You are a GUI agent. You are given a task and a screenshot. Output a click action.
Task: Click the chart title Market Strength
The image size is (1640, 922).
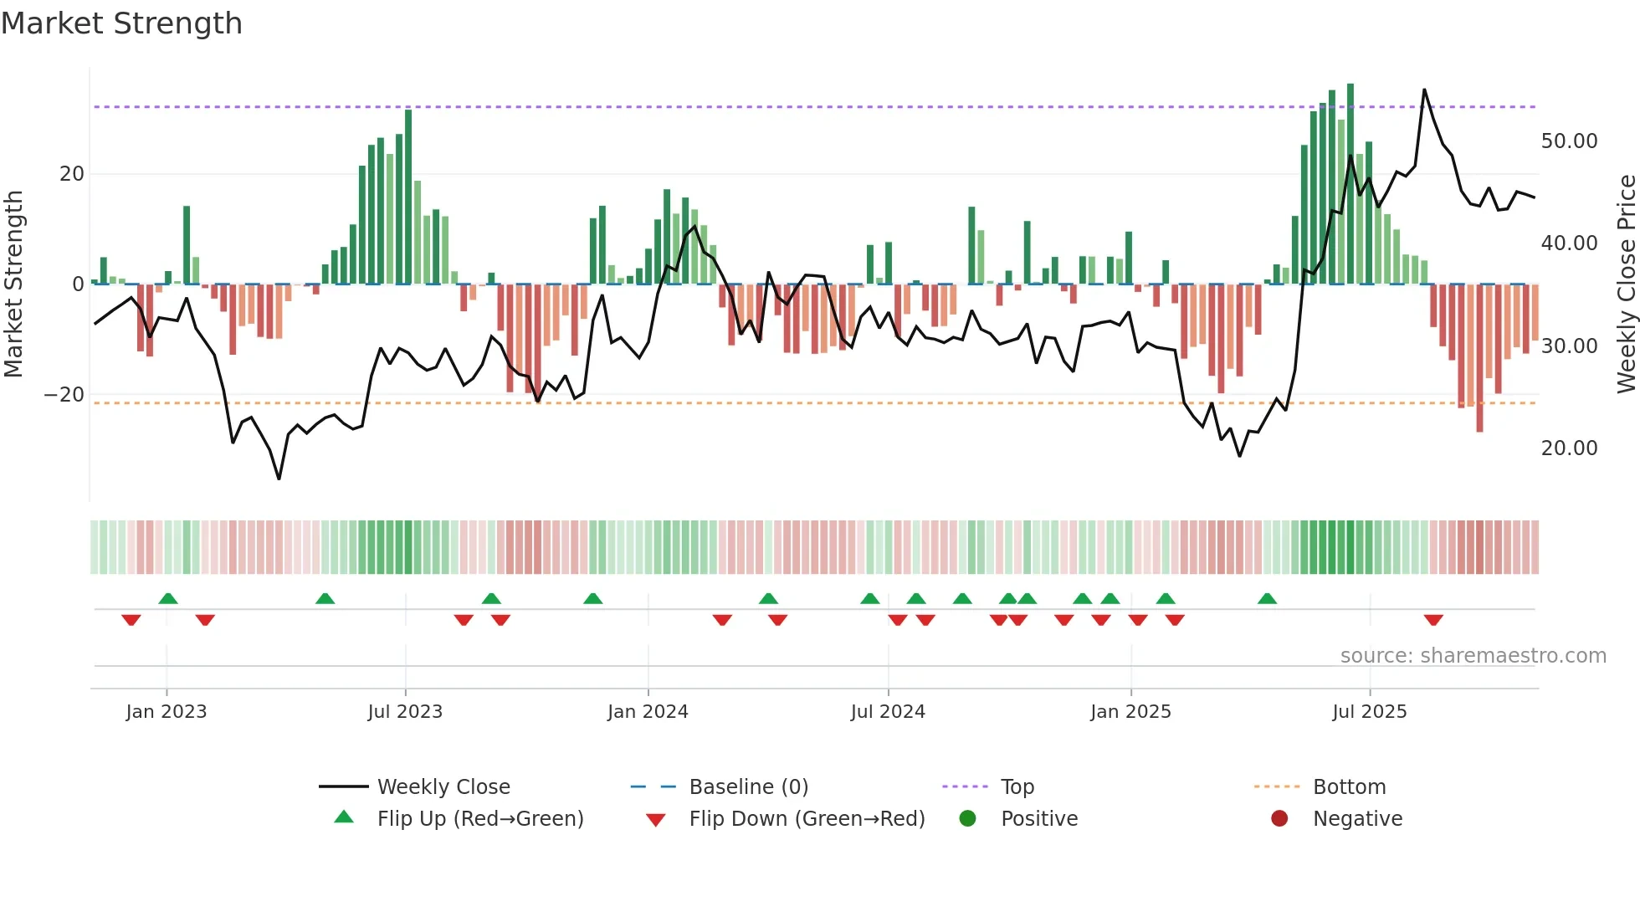[x=121, y=23]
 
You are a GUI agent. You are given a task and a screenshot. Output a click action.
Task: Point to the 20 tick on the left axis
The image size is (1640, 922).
[x=72, y=174]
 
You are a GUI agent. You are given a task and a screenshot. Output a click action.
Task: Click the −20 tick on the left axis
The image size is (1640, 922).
[x=64, y=394]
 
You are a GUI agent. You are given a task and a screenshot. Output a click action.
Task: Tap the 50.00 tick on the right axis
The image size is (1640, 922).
[x=1569, y=141]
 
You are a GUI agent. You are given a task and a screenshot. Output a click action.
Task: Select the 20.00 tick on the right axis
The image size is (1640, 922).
[x=1569, y=448]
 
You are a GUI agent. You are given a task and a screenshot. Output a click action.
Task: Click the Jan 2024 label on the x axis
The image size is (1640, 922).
[x=648, y=711]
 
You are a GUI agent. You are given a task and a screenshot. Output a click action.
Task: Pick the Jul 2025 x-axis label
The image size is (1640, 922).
[x=1369, y=711]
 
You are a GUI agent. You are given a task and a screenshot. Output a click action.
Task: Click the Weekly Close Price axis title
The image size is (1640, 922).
[x=1626, y=284]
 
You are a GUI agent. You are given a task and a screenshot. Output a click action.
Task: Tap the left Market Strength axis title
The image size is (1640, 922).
[x=13, y=284]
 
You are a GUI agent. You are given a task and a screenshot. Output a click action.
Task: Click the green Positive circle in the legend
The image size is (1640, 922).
[x=967, y=818]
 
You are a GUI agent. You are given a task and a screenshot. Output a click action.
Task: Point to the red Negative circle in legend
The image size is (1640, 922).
[x=1279, y=818]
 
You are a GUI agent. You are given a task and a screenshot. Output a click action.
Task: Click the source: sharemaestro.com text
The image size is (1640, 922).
[x=1473, y=655]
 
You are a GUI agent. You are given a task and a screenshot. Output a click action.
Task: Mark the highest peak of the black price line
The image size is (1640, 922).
[x=1424, y=90]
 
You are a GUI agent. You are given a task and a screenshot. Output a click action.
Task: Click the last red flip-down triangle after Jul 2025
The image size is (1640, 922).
[x=1433, y=620]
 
